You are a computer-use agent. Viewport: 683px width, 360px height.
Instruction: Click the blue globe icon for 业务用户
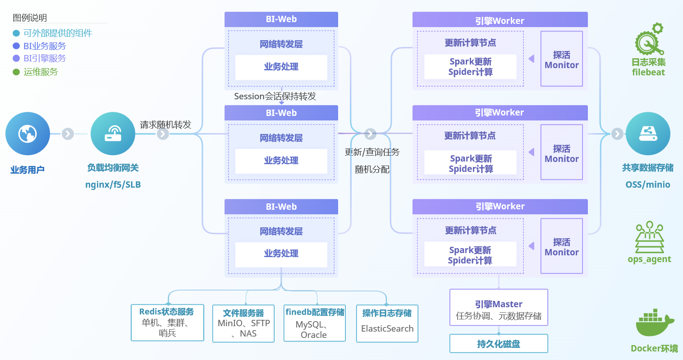(28, 134)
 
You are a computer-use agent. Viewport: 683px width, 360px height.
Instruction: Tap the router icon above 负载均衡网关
(113, 134)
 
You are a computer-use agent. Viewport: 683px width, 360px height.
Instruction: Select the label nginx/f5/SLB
(113, 185)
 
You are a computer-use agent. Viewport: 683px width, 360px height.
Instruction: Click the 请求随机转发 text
(165, 125)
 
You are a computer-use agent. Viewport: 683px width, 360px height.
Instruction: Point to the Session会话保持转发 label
(275, 96)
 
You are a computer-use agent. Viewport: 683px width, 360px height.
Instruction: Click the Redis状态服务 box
(167, 323)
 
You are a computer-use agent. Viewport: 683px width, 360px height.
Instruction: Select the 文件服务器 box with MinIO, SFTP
(243, 323)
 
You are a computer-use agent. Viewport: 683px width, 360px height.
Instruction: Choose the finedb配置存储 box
(315, 323)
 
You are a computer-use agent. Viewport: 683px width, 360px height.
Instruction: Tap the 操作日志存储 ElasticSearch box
(387, 323)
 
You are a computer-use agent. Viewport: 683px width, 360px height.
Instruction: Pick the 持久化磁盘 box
(499, 344)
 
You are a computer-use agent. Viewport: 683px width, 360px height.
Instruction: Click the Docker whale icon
(655, 323)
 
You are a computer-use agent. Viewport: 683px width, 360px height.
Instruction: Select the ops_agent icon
(649, 237)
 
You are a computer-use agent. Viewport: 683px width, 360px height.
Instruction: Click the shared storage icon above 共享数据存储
(648, 134)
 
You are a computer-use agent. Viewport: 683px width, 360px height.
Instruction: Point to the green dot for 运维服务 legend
(16, 72)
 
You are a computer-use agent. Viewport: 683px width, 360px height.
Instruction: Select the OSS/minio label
(648, 185)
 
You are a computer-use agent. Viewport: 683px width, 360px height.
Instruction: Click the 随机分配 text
(372, 170)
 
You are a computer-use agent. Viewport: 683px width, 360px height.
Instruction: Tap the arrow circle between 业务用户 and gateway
(68, 134)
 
